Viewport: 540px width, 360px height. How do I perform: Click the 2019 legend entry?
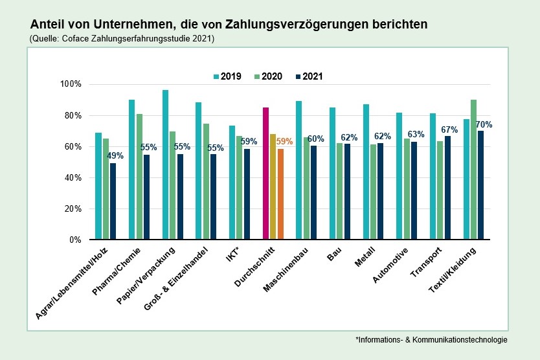point(227,76)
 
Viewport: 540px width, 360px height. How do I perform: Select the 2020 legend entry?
point(267,76)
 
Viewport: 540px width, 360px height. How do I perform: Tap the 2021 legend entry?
point(308,76)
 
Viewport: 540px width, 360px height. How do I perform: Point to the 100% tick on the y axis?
point(71,85)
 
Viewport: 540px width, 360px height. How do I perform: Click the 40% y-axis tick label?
point(73,178)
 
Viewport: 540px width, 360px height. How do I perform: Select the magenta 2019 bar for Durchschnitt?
point(265,174)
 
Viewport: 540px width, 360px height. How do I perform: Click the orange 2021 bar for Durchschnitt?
point(280,194)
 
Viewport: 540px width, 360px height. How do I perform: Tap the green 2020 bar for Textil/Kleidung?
point(473,170)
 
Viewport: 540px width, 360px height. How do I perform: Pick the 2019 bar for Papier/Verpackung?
point(165,164)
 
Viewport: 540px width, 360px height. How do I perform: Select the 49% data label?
point(115,155)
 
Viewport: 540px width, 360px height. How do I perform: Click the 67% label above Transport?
point(450,129)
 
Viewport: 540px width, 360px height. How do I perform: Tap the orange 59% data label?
point(284,141)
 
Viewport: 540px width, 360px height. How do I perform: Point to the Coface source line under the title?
point(122,39)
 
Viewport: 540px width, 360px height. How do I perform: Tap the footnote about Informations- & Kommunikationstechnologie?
point(431,339)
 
